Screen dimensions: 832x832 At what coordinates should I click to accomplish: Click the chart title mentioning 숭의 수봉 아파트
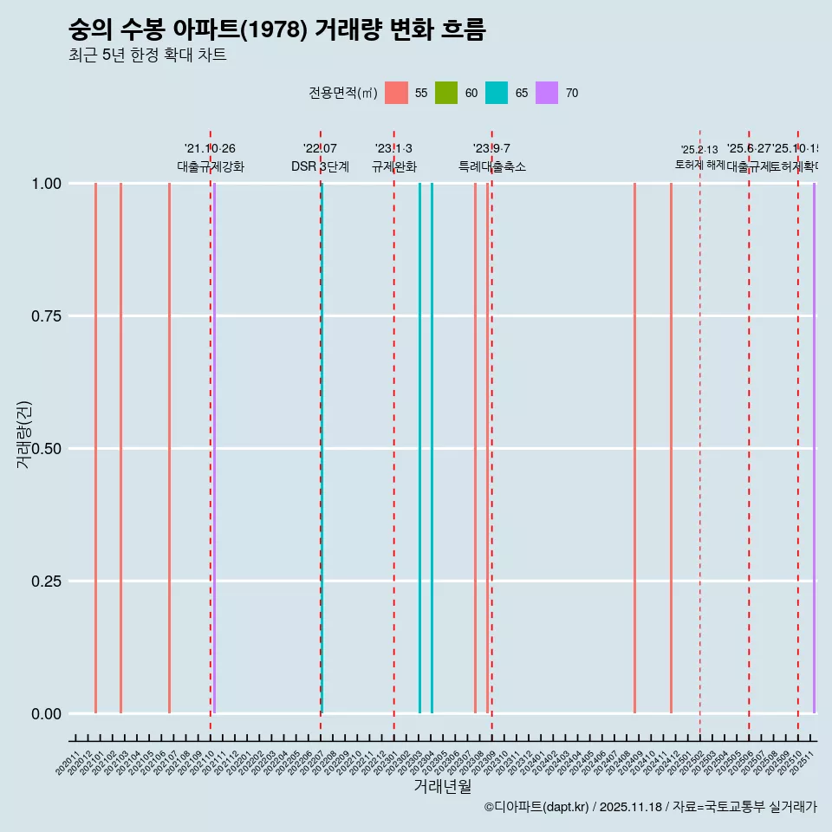pos(276,30)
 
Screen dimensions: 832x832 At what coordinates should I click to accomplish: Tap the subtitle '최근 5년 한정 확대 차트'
pos(147,55)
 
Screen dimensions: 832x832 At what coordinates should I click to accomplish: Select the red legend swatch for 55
pos(396,93)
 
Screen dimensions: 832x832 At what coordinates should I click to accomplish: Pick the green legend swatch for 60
pos(446,93)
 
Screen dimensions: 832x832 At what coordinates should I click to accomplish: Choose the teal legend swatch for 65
pos(497,93)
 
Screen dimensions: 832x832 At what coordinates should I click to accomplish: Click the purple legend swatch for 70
pos(547,93)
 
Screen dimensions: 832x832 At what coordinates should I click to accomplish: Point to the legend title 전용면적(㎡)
pos(342,93)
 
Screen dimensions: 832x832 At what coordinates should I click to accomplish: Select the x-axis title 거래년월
pos(442,786)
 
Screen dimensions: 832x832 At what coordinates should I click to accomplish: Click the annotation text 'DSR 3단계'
pos(320,166)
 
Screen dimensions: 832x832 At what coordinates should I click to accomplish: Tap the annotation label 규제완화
pos(393,166)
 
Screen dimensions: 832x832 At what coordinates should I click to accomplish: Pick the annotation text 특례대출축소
pos(491,166)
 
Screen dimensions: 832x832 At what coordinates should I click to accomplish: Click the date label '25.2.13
pos(699,150)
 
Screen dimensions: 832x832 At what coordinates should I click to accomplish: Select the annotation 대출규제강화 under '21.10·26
pos(211,166)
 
